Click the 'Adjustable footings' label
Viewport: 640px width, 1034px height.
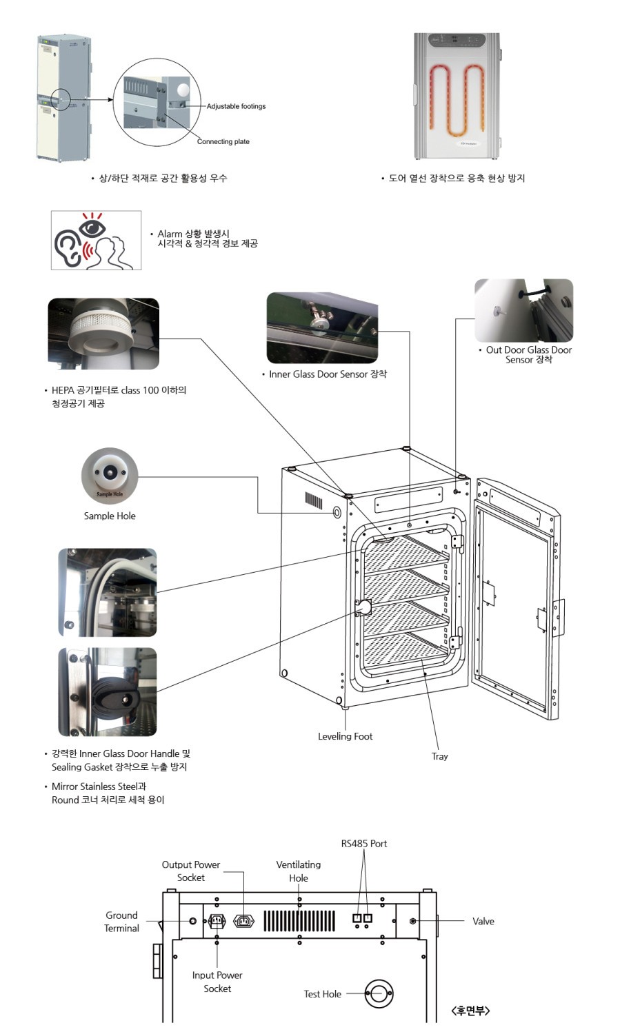tap(236, 106)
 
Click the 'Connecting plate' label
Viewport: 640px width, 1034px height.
tap(223, 141)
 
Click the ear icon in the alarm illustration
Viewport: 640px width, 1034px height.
tap(67, 247)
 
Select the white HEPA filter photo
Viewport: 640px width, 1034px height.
tap(103, 334)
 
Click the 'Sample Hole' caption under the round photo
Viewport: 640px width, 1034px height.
tap(110, 516)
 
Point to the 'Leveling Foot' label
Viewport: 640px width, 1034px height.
tap(345, 736)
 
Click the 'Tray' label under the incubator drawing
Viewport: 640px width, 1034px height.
tap(439, 756)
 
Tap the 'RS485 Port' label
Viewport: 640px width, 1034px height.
tap(364, 844)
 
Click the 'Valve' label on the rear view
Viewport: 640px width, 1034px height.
tap(483, 921)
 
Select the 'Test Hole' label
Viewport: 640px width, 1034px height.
tap(322, 994)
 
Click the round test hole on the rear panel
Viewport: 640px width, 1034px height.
tap(378, 994)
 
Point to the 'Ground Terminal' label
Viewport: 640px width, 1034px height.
tap(121, 922)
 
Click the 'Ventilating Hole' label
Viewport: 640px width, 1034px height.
tap(298, 871)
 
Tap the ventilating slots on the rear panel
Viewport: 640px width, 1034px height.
tap(299, 921)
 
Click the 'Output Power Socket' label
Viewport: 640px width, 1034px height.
tap(191, 871)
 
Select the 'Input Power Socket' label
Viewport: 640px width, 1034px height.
tap(217, 982)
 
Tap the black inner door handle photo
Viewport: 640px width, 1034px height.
tap(108, 691)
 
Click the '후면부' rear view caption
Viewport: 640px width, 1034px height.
tap(470, 1011)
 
